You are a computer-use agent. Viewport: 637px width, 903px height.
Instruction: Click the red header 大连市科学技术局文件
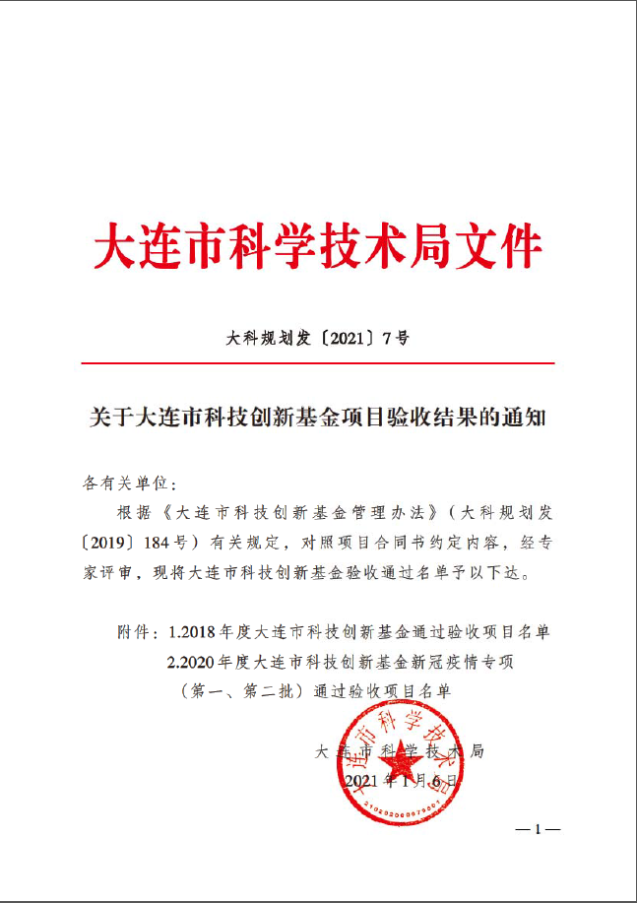point(318,245)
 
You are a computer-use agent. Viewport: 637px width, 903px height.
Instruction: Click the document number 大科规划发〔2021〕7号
point(318,338)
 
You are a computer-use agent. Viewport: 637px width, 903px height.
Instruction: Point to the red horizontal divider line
point(318,363)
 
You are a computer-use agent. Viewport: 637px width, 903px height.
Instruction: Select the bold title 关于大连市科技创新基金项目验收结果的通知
point(317,418)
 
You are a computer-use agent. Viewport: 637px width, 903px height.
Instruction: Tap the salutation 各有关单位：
point(129,484)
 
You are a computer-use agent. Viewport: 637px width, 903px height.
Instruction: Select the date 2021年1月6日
point(403,781)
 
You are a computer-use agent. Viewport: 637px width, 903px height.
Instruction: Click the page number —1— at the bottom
point(538,829)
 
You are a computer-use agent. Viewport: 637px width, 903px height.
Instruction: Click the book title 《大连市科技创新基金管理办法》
point(295,513)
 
